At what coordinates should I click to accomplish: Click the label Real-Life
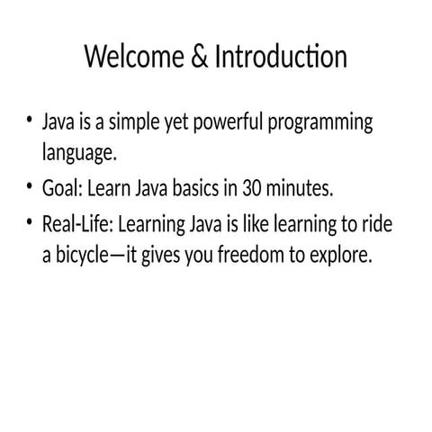[x=77, y=223]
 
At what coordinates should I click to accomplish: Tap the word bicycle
[x=91, y=256]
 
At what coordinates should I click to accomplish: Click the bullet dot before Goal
[x=30, y=186]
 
